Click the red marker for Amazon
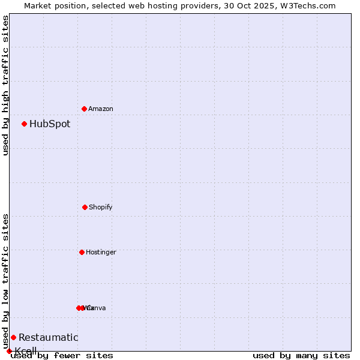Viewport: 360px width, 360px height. click(x=84, y=109)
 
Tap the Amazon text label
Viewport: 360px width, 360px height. click(x=101, y=109)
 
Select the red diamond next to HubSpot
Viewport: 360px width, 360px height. click(x=24, y=124)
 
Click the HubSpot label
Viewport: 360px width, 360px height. click(x=50, y=124)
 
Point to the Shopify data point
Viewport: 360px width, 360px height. click(x=85, y=207)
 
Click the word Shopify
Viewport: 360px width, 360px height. click(x=101, y=208)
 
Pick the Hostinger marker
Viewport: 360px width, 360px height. click(x=82, y=252)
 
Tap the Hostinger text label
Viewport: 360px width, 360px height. click(x=101, y=253)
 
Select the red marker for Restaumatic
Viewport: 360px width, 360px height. click(x=13, y=337)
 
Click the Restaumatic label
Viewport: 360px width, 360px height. click(x=48, y=338)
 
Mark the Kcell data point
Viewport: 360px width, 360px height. click(x=9, y=351)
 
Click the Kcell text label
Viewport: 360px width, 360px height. click(x=26, y=351)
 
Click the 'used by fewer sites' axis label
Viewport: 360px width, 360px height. click(x=62, y=356)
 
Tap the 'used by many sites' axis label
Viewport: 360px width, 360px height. click(x=301, y=356)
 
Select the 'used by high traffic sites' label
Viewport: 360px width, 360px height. click(x=6, y=86)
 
